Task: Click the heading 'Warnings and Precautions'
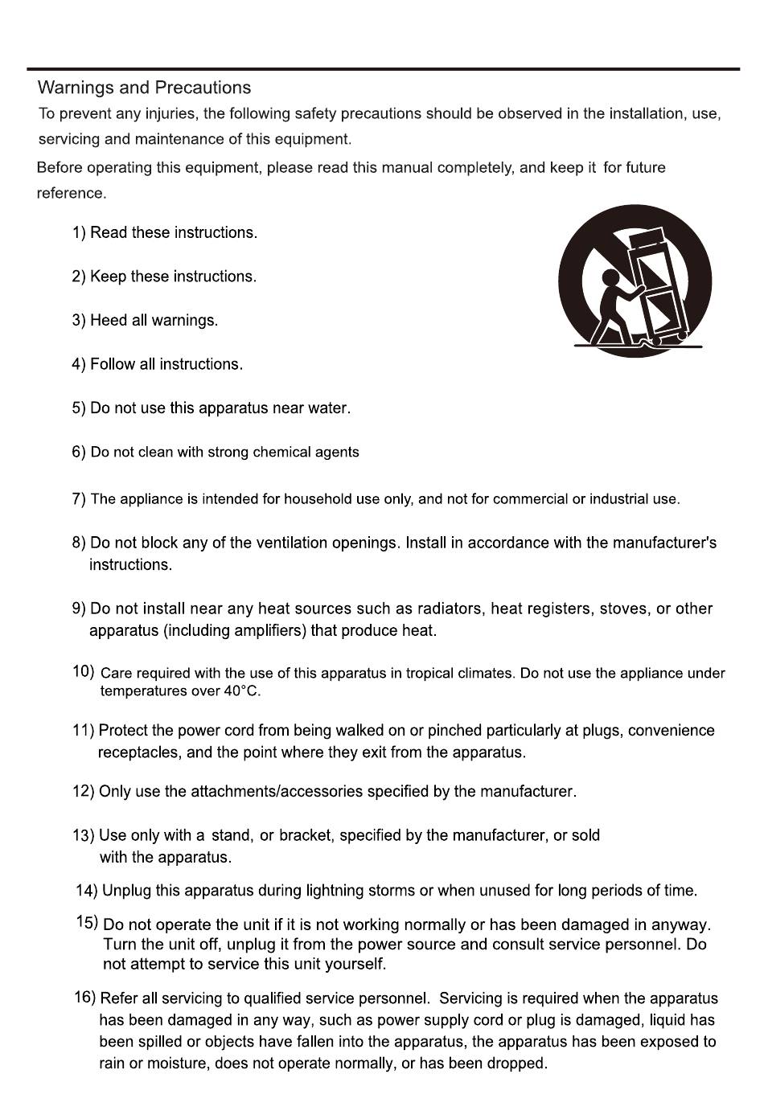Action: [144, 88]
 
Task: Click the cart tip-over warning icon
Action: [635, 281]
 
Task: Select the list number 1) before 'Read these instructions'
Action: [79, 232]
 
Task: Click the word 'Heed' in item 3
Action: [109, 320]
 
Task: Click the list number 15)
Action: [87, 922]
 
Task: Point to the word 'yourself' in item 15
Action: [355, 963]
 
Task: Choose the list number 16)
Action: [84, 997]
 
